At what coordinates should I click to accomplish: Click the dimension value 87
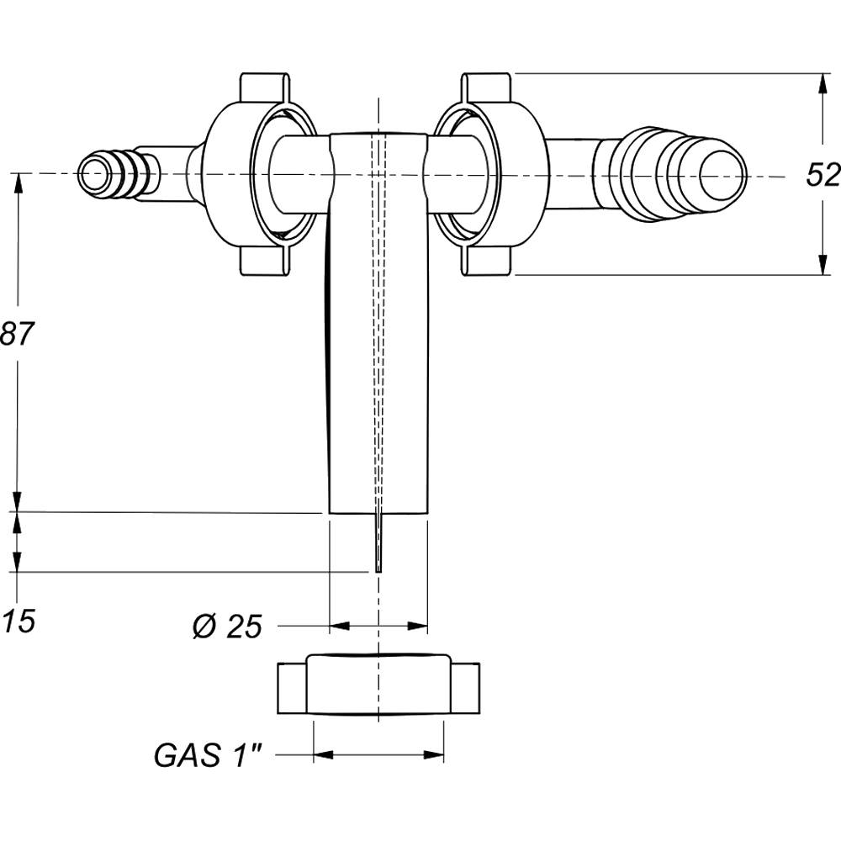click(x=18, y=335)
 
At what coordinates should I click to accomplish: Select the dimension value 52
click(x=822, y=175)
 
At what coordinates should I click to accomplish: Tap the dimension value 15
click(x=18, y=622)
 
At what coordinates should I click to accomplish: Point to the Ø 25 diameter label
click(x=226, y=627)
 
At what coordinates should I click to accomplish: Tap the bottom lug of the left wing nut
click(x=265, y=262)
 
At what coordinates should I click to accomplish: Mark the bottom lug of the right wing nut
click(x=487, y=262)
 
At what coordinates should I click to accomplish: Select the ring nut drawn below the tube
click(x=378, y=685)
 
